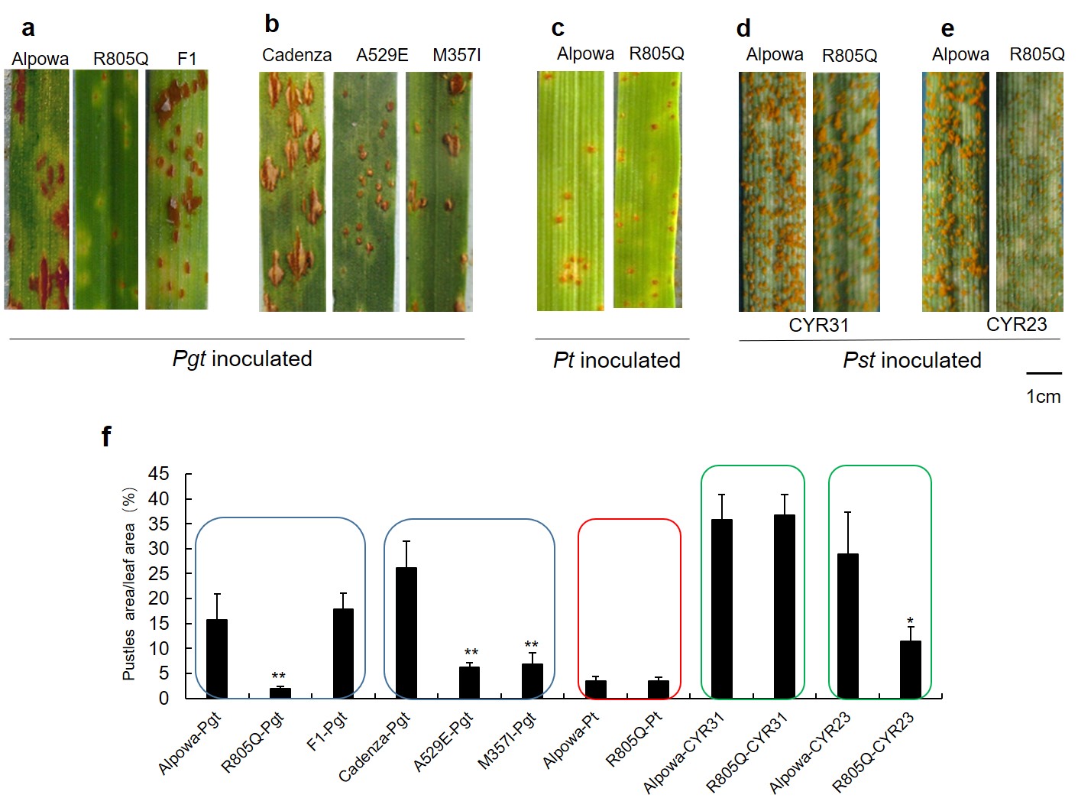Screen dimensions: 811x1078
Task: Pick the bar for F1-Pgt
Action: point(343,653)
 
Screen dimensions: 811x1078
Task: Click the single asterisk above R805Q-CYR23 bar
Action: point(910,621)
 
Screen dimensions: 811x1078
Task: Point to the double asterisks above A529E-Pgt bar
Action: point(471,653)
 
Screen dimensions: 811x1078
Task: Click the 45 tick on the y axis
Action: point(159,474)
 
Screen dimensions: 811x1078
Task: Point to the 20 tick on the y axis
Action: point(159,599)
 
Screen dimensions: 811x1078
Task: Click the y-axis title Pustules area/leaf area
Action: point(129,585)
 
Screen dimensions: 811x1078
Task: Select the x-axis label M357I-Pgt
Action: point(507,740)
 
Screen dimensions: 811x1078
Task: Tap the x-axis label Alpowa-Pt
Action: point(571,739)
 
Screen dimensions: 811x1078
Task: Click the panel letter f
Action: point(106,436)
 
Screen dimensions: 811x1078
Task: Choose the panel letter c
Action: point(558,29)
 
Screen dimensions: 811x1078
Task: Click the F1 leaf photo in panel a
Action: point(176,190)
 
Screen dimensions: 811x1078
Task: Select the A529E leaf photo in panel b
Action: point(365,191)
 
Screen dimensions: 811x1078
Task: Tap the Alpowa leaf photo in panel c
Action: point(570,191)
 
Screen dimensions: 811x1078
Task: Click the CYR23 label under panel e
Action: point(1016,324)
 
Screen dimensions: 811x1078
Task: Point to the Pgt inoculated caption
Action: point(242,358)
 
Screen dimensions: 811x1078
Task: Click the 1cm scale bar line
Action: point(1044,373)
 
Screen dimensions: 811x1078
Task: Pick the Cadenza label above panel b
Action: point(296,55)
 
